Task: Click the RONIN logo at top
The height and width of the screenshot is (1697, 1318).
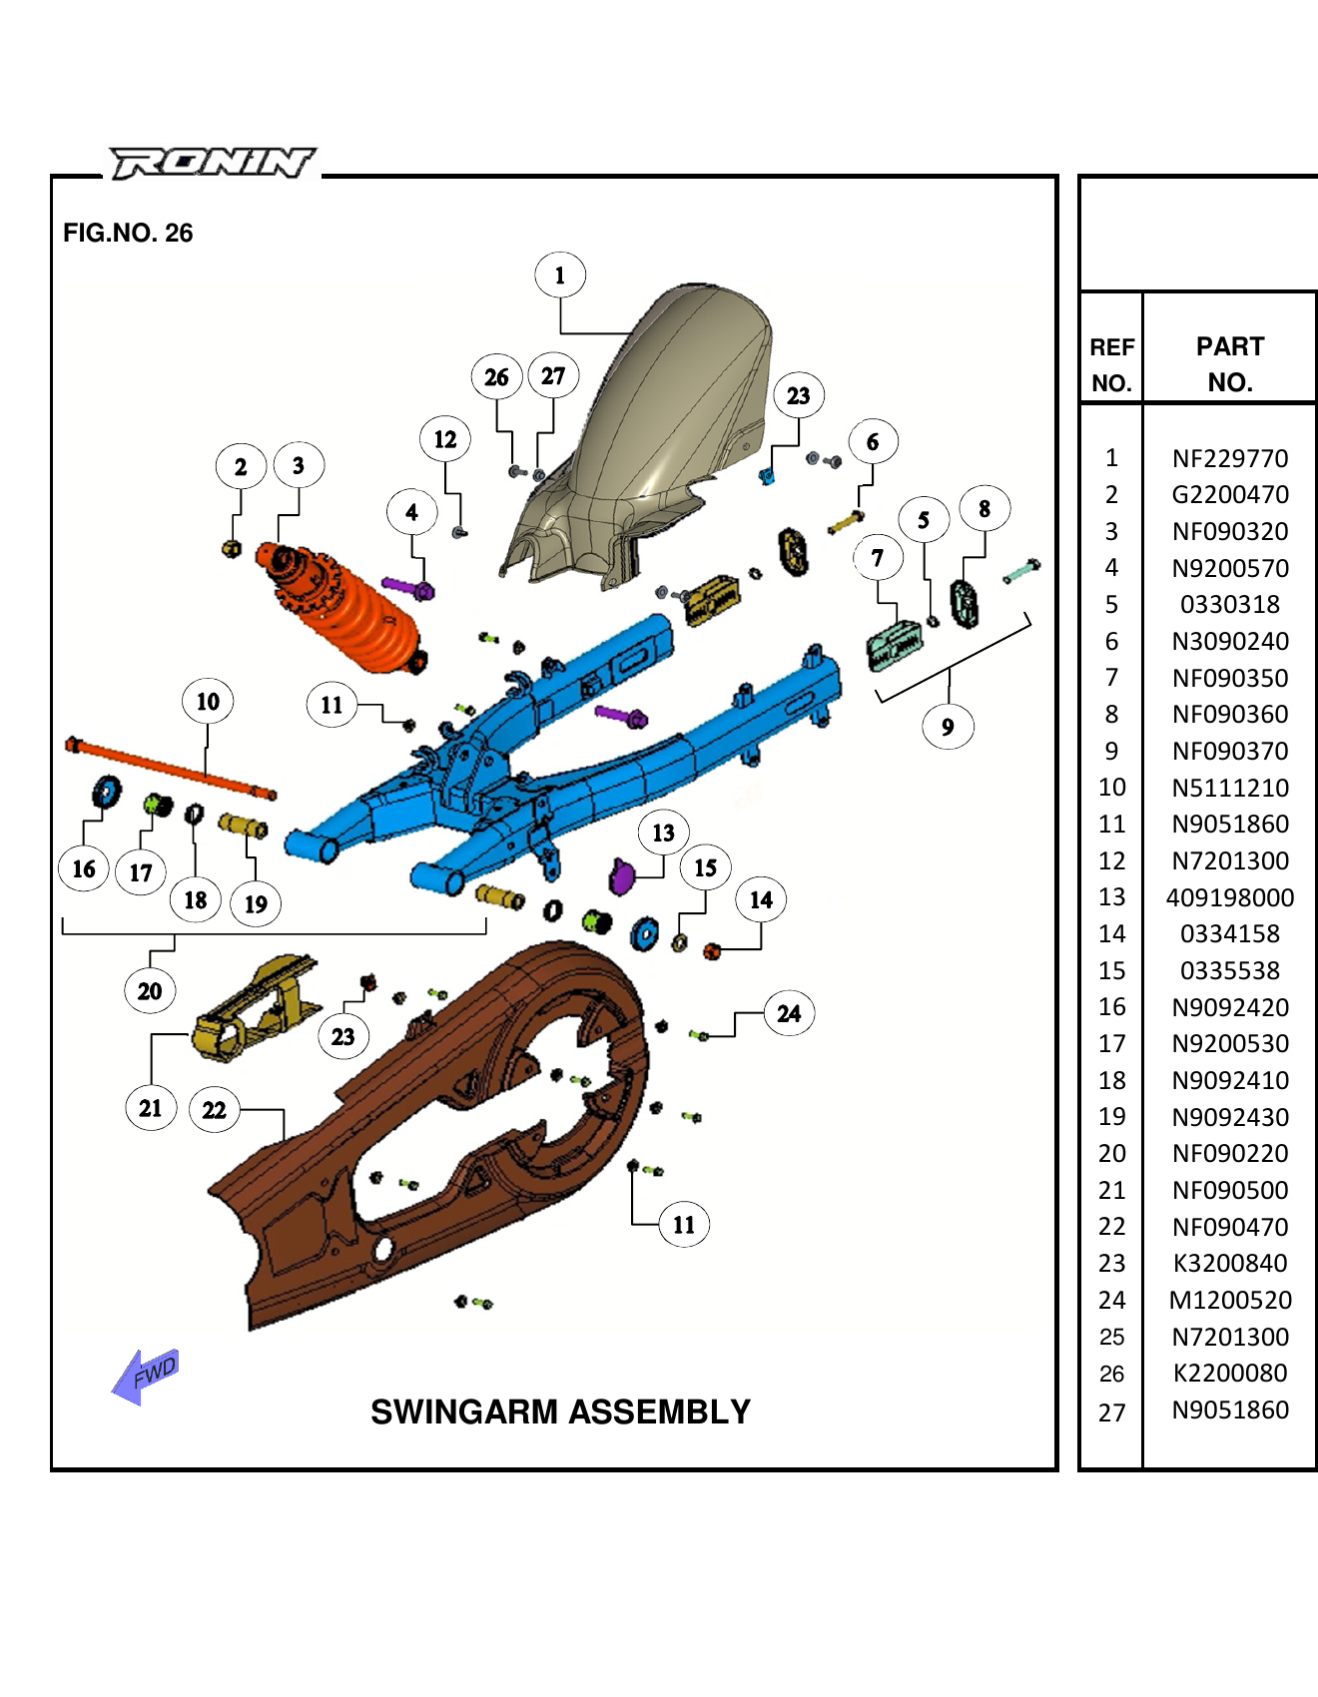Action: click(212, 163)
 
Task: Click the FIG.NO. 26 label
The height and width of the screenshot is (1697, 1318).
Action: click(128, 233)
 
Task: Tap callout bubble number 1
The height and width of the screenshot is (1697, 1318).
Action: click(559, 276)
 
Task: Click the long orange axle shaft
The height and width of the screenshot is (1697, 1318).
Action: click(170, 768)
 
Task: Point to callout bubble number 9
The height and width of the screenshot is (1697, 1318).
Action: click(948, 727)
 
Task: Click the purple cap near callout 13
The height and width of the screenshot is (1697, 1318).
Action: click(621, 877)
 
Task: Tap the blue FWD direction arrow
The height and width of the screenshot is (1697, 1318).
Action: click(146, 1377)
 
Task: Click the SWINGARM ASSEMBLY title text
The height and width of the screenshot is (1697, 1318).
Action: click(560, 1412)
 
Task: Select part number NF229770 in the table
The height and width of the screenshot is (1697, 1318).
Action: click(1230, 458)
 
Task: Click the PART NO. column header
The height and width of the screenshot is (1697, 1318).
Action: click(1230, 364)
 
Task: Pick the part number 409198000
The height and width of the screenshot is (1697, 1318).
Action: click(1230, 897)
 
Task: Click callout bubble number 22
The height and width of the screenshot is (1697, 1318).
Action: click(214, 1109)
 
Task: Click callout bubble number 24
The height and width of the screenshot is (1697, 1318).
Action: click(789, 1013)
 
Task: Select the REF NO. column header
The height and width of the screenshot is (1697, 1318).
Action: click(1111, 364)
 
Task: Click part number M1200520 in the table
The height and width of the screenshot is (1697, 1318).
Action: click(1230, 1300)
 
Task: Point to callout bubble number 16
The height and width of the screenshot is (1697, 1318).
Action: click(84, 868)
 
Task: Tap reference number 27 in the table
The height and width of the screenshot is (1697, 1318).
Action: click(1111, 1412)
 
